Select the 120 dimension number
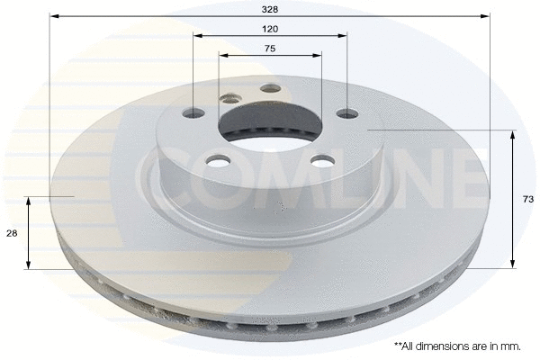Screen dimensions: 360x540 point(270,29)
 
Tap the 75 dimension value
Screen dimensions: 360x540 point(270,49)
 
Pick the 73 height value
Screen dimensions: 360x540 point(528,199)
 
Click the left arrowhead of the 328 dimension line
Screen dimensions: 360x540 point(54,16)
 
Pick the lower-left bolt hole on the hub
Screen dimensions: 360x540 point(217,161)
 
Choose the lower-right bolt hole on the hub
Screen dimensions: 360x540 point(319,160)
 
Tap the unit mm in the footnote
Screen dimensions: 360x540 point(509,345)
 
